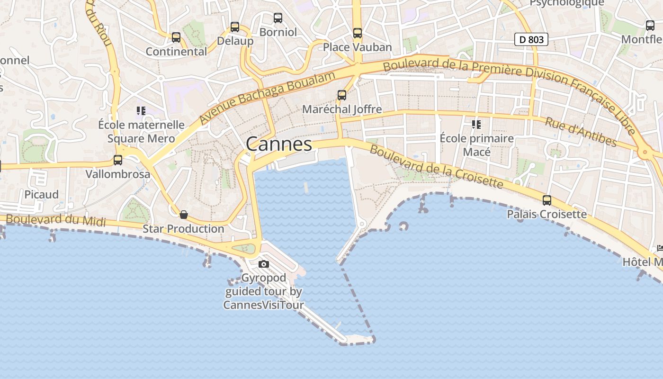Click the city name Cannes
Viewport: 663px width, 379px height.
pos(279,144)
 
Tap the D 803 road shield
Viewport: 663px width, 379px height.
pos(531,40)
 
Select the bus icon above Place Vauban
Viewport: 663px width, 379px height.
pos(358,33)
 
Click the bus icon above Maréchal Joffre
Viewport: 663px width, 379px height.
pos(342,95)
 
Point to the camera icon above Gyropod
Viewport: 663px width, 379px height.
pos(264,264)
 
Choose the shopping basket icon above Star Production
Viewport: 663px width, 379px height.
pos(184,215)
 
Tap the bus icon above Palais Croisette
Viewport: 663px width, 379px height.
pos(547,200)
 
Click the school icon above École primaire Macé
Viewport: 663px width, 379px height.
pos(476,125)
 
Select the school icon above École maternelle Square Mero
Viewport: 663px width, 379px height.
pos(141,111)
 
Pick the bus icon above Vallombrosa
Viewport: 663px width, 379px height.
pos(118,160)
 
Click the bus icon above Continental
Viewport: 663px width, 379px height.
pos(176,37)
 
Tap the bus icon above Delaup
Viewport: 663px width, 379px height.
pos(235,27)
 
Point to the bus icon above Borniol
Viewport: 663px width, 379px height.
pos(278,18)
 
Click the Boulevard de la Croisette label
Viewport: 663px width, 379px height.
pos(436,166)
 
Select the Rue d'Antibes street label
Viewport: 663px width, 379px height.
pos(581,132)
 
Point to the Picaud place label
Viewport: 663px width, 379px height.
pos(42,195)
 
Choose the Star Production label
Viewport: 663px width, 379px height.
pos(184,229)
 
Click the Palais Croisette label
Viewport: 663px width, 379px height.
pos(547,214)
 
